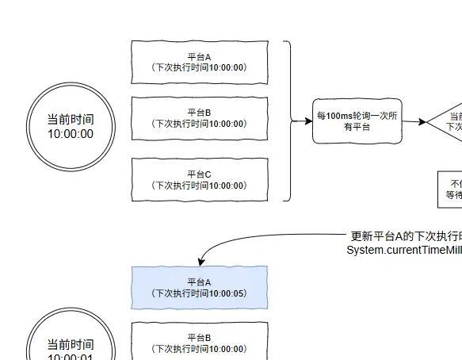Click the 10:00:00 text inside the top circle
click(71, 134)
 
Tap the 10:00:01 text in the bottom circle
click(71, 357)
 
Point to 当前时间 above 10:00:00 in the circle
click(71, 119)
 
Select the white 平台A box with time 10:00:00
click(199, 62)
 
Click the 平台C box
click(199, 180)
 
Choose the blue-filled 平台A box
click(199, 287)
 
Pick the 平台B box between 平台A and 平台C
click(199, 118)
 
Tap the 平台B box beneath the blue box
click(199, 341)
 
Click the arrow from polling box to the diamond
click(414, 121)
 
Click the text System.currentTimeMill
click(403, 250)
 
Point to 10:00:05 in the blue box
click(228, 293)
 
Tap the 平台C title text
click(199, 174)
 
